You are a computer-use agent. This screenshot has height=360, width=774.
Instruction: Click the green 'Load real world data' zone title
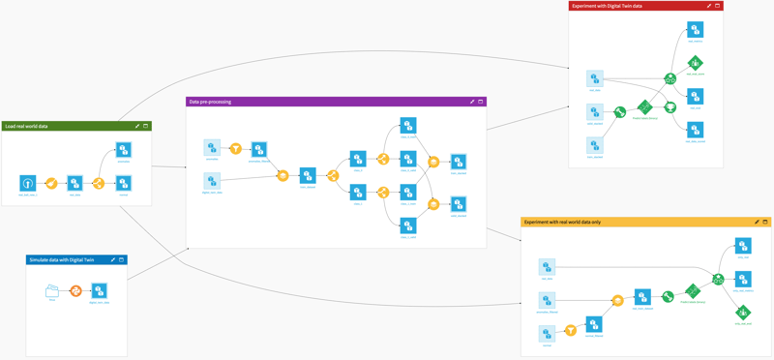pos(26,126)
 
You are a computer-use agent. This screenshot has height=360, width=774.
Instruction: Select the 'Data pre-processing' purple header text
pos(210,102)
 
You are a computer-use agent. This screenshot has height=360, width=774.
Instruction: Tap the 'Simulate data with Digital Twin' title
pos(61,259)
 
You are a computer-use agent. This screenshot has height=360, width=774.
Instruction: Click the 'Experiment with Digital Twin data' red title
pos(610,6)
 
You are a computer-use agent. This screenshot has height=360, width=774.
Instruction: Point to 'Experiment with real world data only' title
pos(562,222)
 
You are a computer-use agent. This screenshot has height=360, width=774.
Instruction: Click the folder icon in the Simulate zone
pos(52,290)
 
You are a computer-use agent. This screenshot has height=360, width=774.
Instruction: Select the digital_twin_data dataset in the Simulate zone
pos(99,290)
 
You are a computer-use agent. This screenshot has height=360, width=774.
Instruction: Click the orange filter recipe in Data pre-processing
pos(235,148)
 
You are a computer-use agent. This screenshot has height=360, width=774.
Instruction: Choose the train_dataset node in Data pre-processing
pos(308,175)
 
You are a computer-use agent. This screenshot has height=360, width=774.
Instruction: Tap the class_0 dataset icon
pos(358,159)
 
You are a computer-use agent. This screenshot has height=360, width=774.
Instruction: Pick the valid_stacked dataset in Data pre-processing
pos(459,204)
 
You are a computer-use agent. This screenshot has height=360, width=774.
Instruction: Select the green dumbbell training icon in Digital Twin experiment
pos(620,112)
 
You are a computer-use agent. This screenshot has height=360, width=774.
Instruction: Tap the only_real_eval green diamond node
pos(743,312)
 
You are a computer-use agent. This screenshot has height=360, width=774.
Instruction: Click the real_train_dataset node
pos(642,298)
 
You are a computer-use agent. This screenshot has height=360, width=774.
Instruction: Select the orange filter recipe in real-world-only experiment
pos(571,331)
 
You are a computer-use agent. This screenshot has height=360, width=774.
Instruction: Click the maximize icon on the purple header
pos(481,102)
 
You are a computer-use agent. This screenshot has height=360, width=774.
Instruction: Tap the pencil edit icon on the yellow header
pos(757,222)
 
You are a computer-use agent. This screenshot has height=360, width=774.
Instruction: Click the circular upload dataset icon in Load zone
pos(28,183)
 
